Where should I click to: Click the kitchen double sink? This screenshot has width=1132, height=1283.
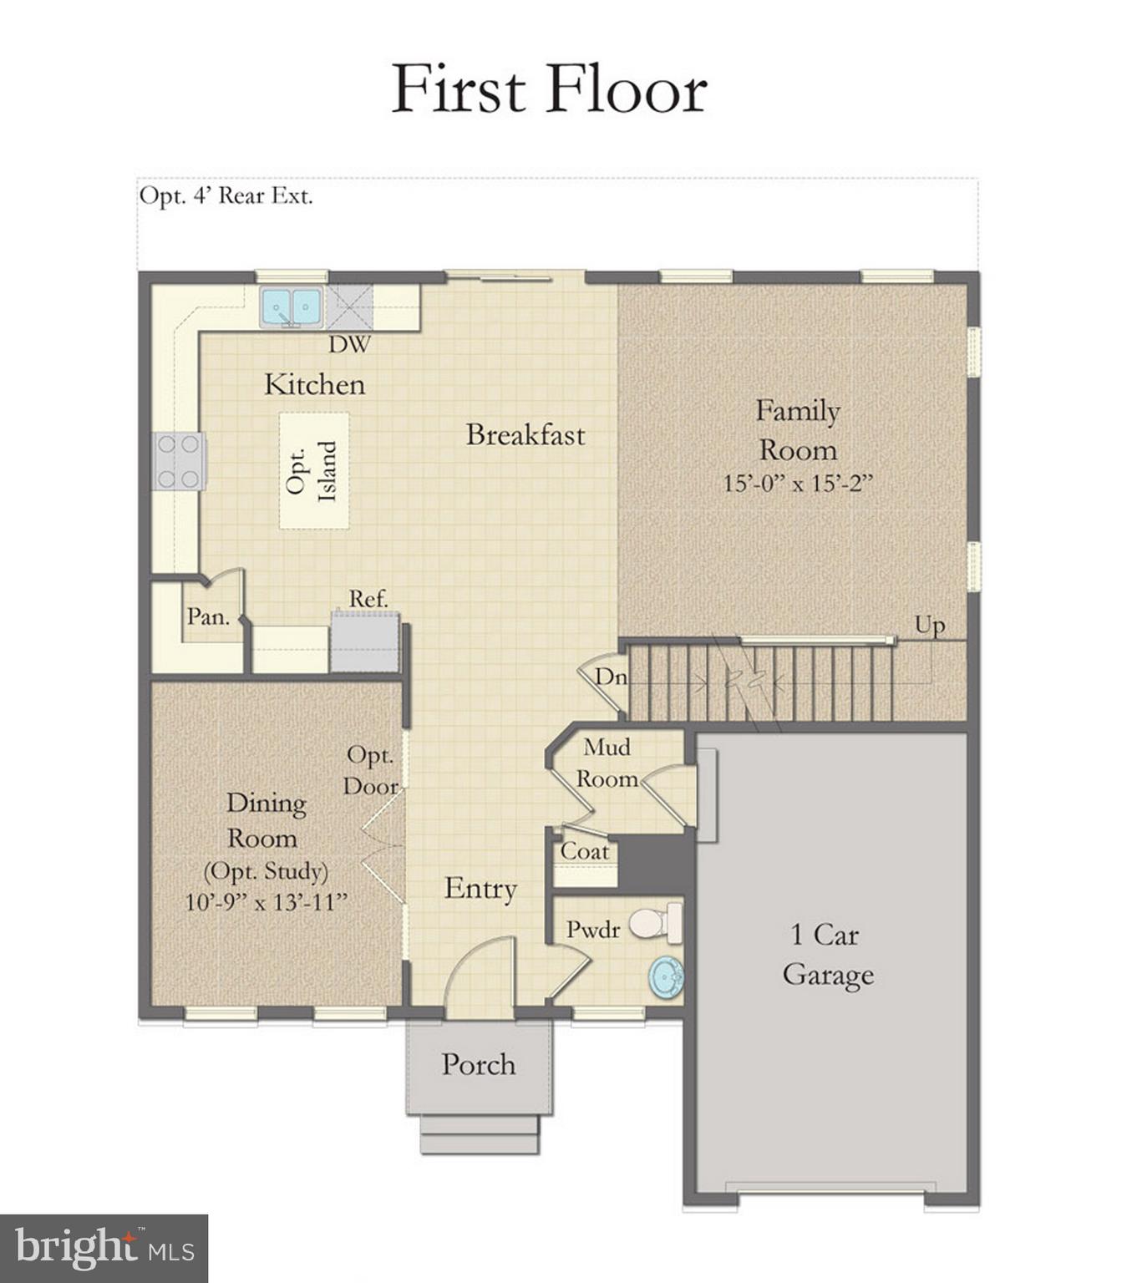tap(290, 307)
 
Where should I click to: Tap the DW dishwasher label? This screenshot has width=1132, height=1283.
tap(349, 344)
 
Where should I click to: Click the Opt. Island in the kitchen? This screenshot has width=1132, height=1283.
tap(313, 470)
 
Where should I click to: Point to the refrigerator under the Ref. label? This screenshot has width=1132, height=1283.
tap(364, 642)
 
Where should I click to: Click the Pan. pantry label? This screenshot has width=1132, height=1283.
tap(207, 617)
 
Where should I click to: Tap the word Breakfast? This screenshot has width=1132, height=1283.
tap(525, 434)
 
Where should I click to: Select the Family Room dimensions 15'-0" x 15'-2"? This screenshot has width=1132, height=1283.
tap(797, 484)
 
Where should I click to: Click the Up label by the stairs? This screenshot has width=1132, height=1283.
tap(929, 625)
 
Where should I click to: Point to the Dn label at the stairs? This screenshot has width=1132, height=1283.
tap(610, 677)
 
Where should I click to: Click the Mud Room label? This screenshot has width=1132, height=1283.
tap(607, 763)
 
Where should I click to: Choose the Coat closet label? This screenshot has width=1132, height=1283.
tap(584, 851)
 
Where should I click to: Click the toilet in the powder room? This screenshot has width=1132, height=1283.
tap(655, 923)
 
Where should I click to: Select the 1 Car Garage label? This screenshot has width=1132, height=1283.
tap(827, 954)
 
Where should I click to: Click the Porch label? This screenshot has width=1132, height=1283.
tap(478, 1064)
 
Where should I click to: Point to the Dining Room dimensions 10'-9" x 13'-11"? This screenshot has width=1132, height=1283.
tap(266, 902)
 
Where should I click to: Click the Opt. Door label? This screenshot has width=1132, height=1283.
tap(371, 770)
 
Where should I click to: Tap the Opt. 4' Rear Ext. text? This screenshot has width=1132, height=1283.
tap(226, 196)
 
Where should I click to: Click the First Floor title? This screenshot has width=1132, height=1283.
tap(549, 89)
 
